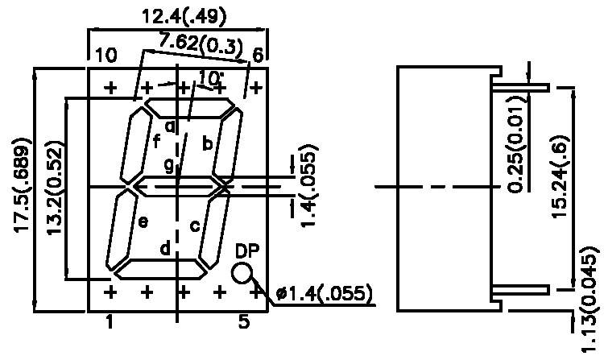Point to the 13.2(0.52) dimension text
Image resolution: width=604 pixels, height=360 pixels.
click(x=55, y=190)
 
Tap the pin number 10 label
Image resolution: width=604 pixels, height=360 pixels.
click(x=105, y=56)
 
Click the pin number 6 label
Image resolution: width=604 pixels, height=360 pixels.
click(x=258, y=56)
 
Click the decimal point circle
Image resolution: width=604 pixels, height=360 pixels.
click(x=242, y=273)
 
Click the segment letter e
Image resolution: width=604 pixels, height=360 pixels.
click(x=142, y=221)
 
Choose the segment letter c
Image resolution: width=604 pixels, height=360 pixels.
click(x=194, y=226)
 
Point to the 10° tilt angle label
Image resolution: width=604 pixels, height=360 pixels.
click(x=210, y=77)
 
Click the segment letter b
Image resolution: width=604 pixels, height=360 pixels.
click(x=208, y=143)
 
